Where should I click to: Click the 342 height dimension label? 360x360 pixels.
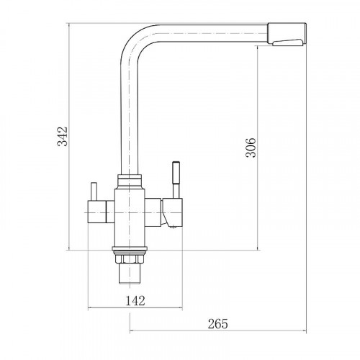pyautogui.click(x=63, y=136)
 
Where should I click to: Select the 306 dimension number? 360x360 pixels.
pyautogui.click(x=251, y=148)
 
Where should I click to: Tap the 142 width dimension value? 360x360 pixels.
pyautogui.click(x=135, y=300)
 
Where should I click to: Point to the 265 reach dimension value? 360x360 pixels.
pyautogui.click(x=217, y=324)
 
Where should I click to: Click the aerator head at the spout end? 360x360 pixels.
pyautogui.click(x=287, y=34)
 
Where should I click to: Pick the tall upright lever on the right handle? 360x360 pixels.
pyautogui.click(x=176, y=180)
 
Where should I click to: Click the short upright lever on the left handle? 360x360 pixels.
pyautogui.click(x=94, y=192)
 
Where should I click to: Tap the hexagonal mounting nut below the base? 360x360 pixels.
pyautogui.click(x=129, y=258)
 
